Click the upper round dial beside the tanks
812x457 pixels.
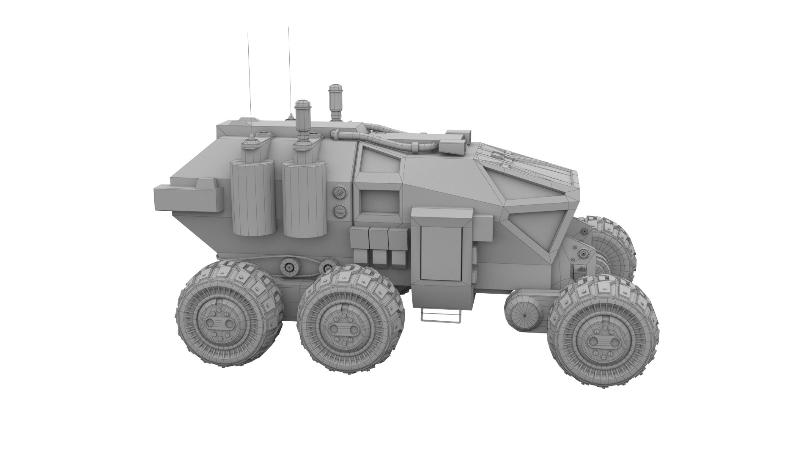339,193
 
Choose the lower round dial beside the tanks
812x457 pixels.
339,210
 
